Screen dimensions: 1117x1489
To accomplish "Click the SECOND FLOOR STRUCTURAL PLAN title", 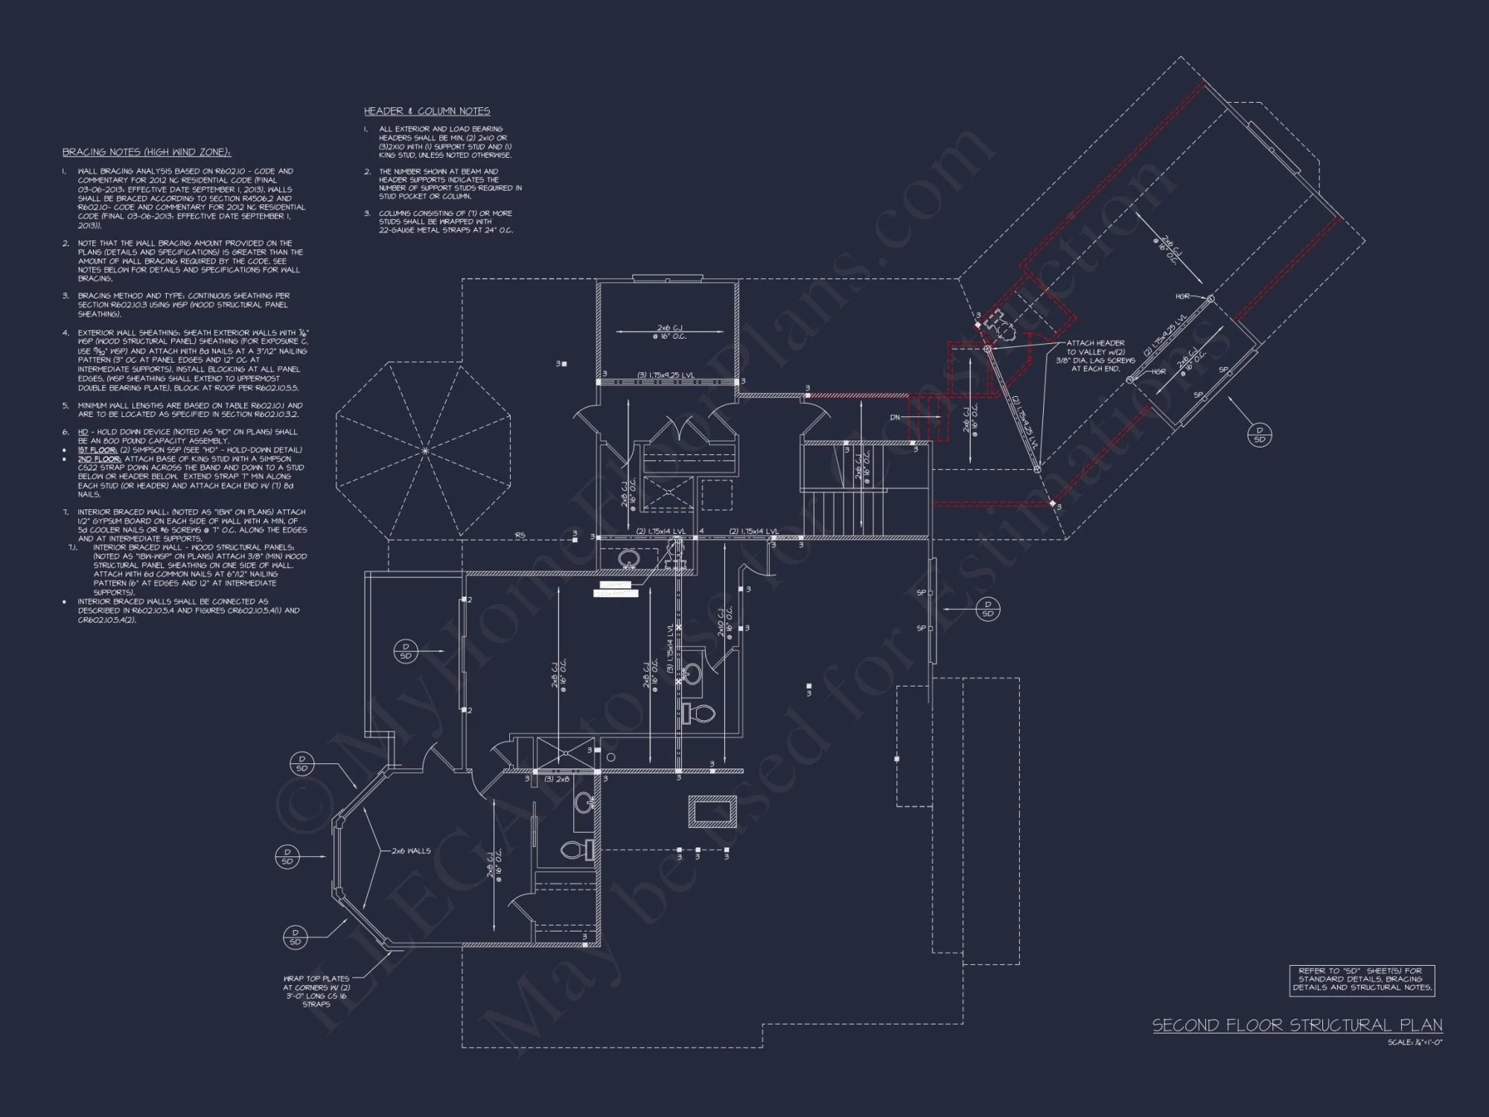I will pos(1297,1025).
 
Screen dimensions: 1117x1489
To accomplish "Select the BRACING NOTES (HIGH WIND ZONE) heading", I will pos(147,153).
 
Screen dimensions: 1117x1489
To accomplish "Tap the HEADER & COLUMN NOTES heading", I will pos(427,111).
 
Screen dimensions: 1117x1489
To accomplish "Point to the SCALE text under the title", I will pos(1415,1043).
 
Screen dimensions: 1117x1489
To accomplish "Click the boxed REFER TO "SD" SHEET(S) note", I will pos(1361,979).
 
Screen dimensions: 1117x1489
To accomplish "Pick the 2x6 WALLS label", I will pos(411,850).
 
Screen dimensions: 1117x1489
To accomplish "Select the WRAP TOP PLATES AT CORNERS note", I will pos(316,991).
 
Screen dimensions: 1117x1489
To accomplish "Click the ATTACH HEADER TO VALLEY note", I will pos(1096,356).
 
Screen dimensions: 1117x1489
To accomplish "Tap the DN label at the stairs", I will pos(896,418).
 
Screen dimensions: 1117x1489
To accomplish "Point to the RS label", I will pos(520,535).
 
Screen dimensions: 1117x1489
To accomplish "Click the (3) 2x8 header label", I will pos(557,779).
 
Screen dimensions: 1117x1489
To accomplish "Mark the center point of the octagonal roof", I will pos(424,451).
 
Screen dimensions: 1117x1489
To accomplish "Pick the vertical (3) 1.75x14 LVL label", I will pos(670,648).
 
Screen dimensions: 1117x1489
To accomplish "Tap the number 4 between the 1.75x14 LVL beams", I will pos(701,532).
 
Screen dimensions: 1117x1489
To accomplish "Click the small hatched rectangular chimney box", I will pos(712,812).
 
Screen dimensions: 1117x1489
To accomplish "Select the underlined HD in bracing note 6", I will pos(83,432).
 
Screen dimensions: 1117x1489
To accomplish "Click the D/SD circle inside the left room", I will pos(406,651).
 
